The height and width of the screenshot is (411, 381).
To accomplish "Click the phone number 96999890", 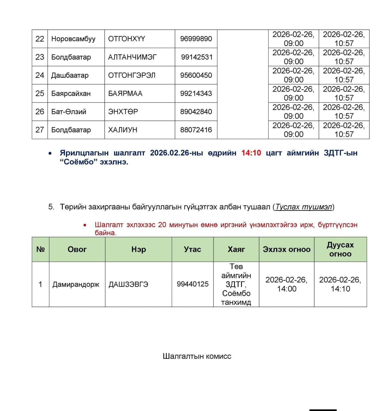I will pos(196,39).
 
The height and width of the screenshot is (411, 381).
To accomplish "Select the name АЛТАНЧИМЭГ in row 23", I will pos(132,57).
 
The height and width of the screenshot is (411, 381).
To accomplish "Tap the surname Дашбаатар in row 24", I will pos(70,75).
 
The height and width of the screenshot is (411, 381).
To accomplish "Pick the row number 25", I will pos(40,93).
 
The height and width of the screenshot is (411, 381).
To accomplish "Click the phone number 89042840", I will pos(196,111).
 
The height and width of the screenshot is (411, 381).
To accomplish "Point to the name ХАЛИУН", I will pos(123,130).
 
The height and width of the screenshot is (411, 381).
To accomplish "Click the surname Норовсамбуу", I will pos(73,39).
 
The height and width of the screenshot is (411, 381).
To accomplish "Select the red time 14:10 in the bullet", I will pos(251,153).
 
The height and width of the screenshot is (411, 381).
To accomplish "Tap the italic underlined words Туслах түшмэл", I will pos(304,207).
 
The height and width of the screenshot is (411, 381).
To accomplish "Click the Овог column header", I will pos(77,249).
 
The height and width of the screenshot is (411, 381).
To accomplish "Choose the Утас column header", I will pos(192,249).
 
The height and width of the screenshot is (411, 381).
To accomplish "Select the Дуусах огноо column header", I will pos(340,249).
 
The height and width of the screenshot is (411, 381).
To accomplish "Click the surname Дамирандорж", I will pos(76,284).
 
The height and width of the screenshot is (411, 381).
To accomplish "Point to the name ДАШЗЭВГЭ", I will pos(128,284).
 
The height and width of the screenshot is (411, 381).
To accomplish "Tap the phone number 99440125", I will pos(192,284).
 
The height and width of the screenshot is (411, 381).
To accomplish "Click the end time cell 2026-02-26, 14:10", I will pos(340,284).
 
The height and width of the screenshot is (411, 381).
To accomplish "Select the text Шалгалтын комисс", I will pos(197,356).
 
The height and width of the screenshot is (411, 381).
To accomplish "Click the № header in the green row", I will pos(41,249).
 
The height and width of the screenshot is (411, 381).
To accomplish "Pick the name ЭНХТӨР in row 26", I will pos(123,111).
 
